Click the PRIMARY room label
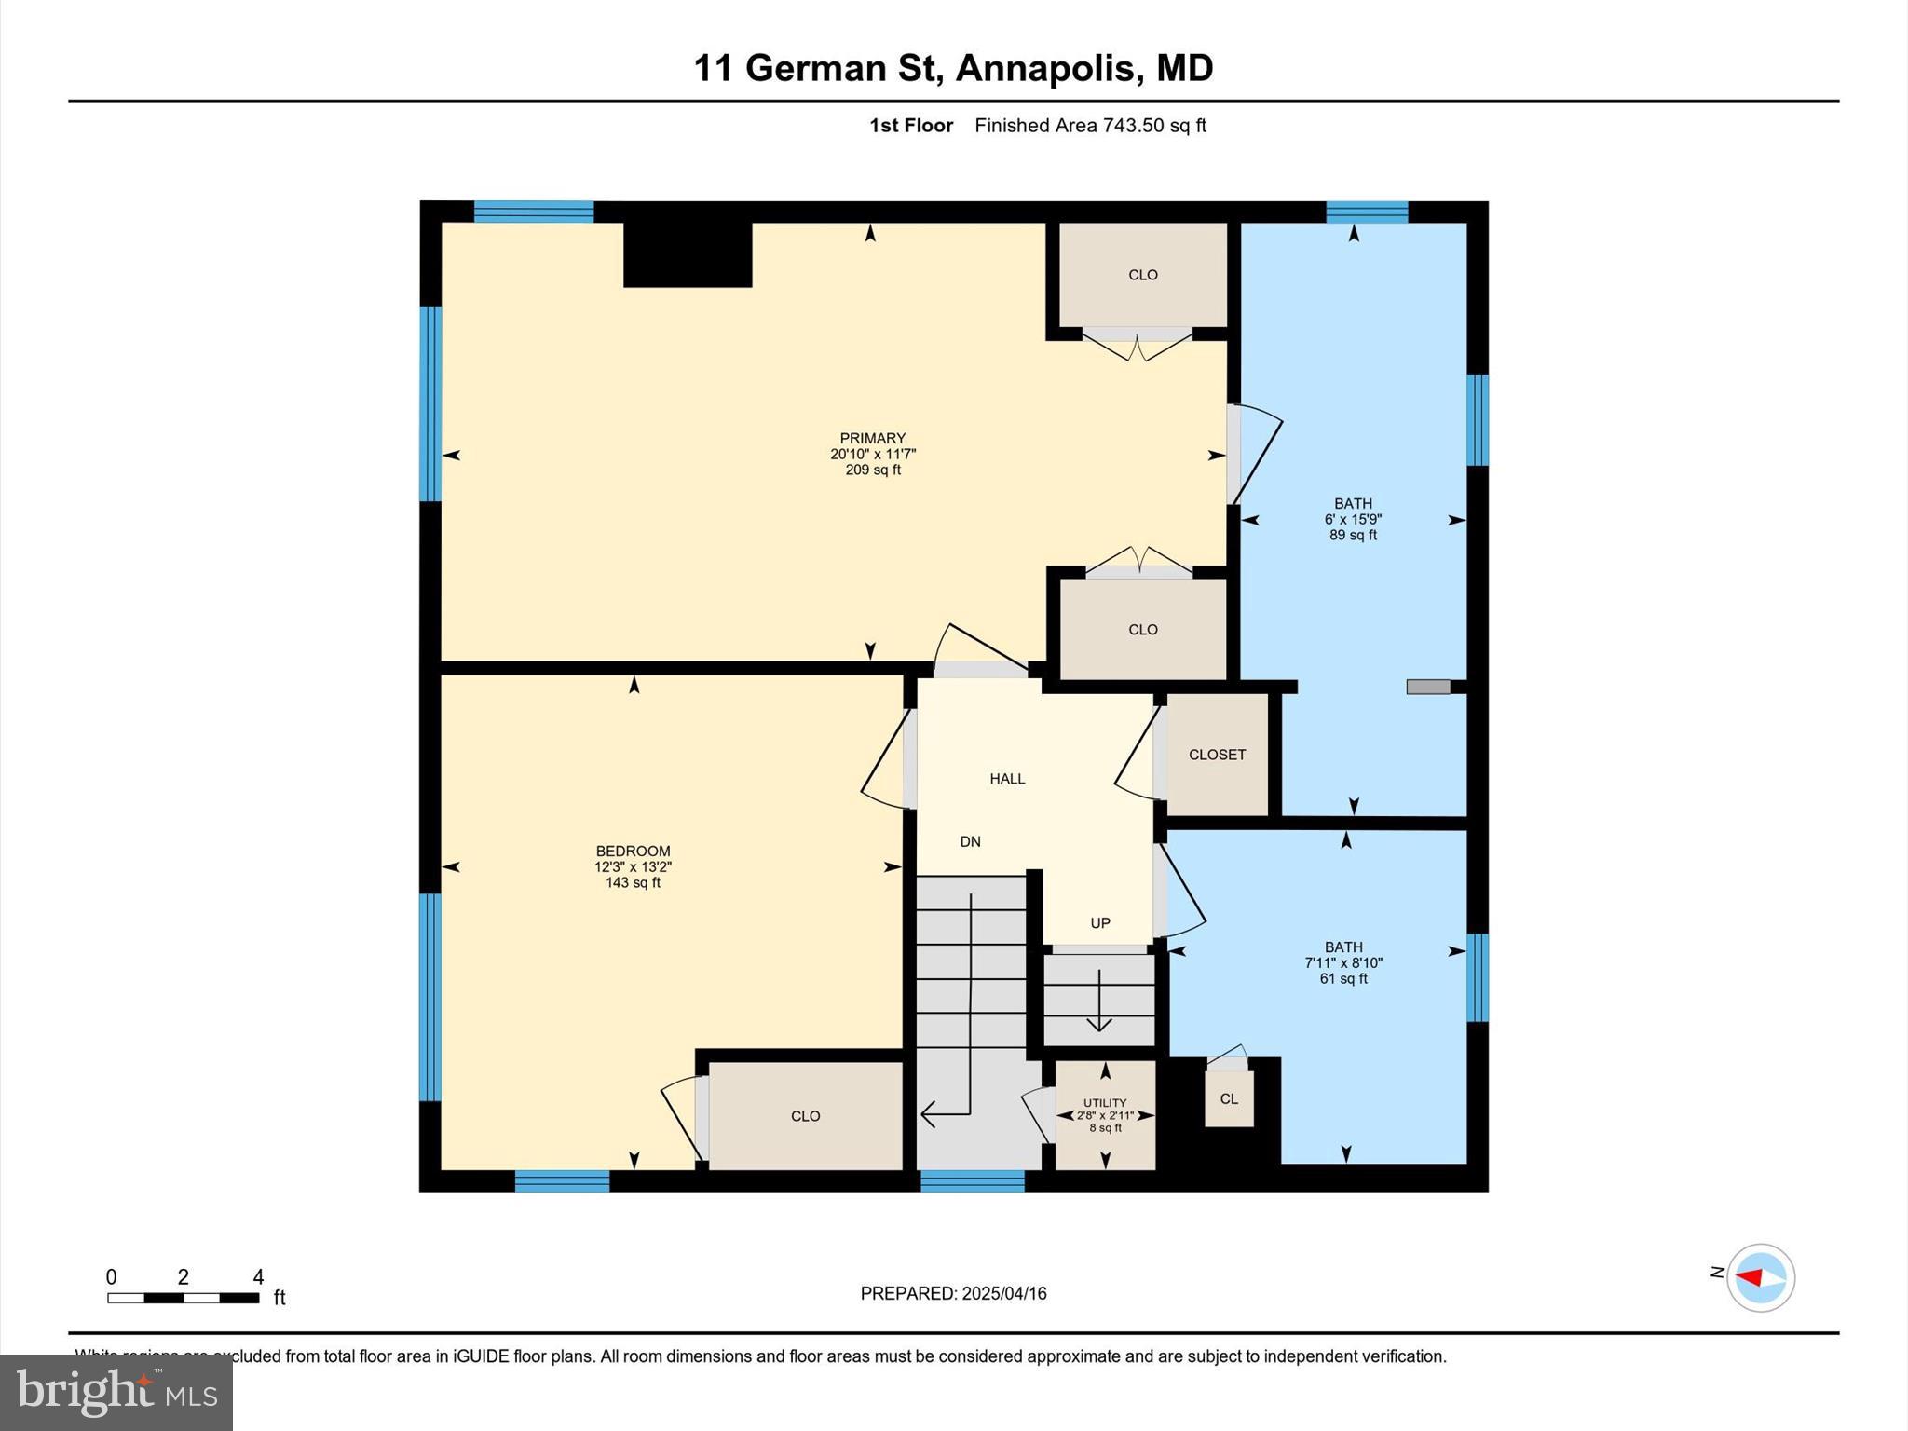(x=872, y=438)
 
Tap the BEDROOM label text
(x=633, y=851)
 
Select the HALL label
(x=1007, y=779)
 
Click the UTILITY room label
(x=1105, y=1103)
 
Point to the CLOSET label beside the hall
(x=1217, y=755)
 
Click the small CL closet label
(x=1229, y=1099)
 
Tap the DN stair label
(x=970, y=841)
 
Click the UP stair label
(x=1100, y=923)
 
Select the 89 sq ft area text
(x=1353, y=536)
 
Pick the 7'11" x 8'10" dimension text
(x=1343, y=963)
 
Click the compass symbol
(x=1760, y=1277)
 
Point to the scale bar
(x=183, y=1298)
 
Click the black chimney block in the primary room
(x=688, y=253)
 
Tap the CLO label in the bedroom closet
(x=805, y=1116)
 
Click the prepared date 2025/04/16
(x=1004, y=1293)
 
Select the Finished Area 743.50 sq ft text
(x=1090, y=126)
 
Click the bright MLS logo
(x=116, y=1392)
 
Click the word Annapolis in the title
(x=1048, y=68)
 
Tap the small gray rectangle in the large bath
(x=1428, y=687)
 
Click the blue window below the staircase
(x=973, y=1181)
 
